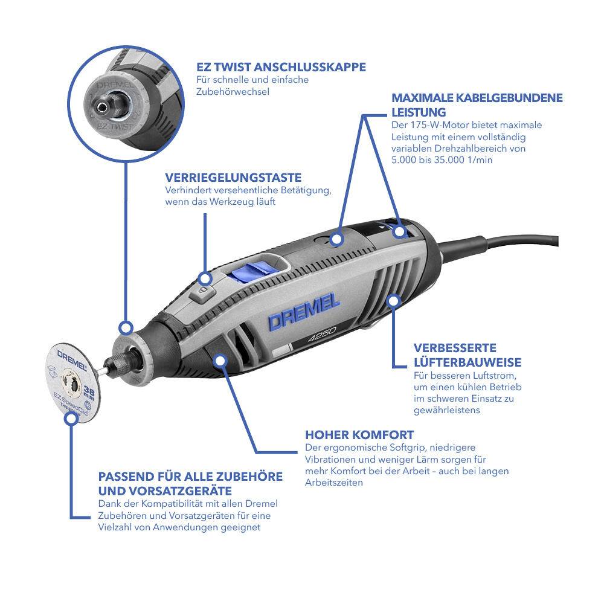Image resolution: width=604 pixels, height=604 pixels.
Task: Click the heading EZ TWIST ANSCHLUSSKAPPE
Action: tap(281, 67)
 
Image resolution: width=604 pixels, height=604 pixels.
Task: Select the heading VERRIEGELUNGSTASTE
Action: tap(233, 178)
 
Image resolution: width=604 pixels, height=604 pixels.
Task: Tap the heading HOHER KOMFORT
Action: tap(359, 435)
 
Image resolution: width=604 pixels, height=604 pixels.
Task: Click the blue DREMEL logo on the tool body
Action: tap(304, 313)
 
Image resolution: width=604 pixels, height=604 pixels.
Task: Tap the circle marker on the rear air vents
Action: tap(394, 300)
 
